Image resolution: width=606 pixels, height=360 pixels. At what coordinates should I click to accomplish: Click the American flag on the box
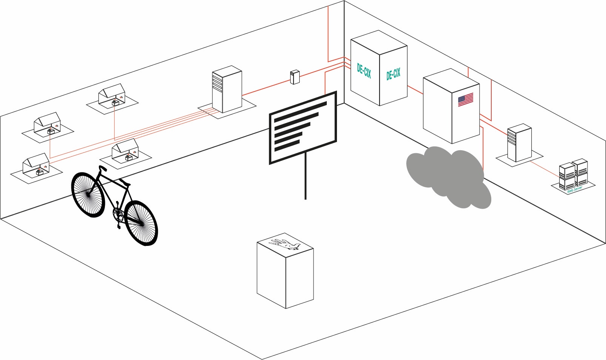(465, 99)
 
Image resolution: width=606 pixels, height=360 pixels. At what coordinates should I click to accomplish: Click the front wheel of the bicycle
(140, 223)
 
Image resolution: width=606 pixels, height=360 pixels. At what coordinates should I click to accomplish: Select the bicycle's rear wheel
(88, 194)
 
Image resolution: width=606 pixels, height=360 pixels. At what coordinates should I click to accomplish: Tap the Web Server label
(575, 189)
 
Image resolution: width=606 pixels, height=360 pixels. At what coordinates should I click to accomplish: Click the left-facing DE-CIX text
(364, 70)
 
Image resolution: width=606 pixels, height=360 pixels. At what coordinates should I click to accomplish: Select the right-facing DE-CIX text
(393, 74)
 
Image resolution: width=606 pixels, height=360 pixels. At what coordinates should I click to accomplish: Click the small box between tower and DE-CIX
(295, 77)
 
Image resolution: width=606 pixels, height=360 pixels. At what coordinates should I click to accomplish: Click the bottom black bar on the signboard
(287, 146)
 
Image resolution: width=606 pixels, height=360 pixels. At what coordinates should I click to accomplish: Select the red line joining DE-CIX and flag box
(415, 90)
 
